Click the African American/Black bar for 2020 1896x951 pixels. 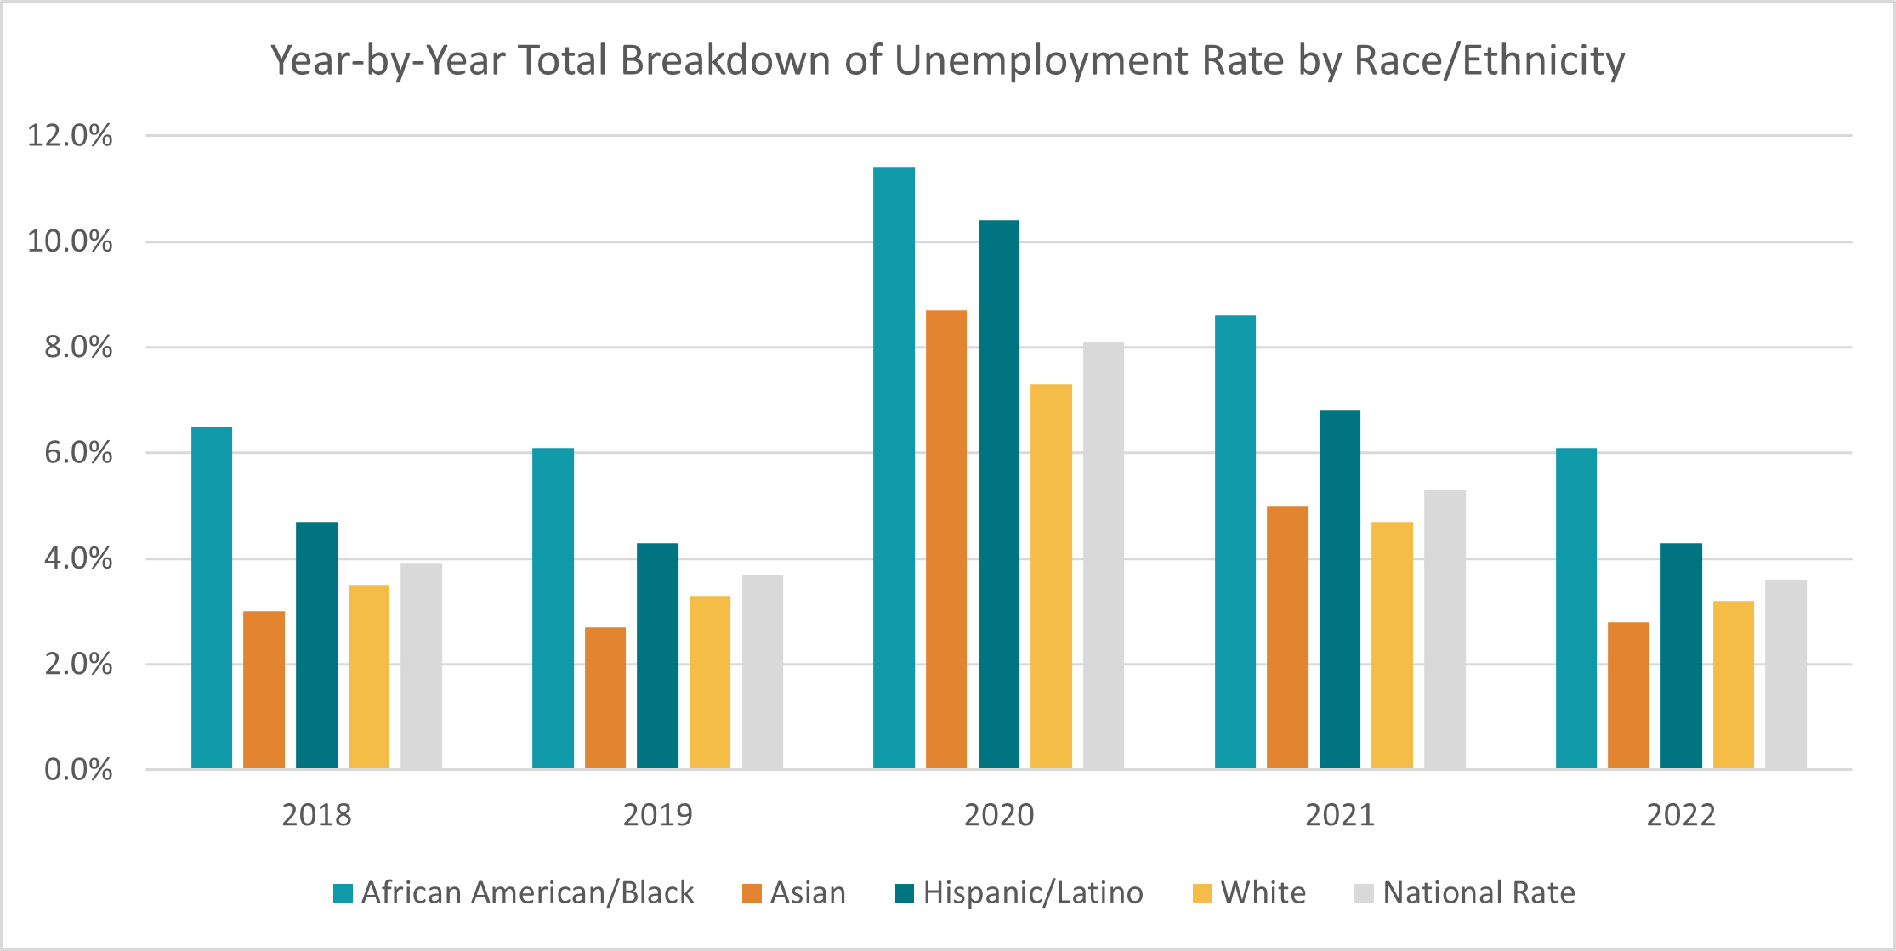coord(894,467)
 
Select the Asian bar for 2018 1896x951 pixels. coord(264,690)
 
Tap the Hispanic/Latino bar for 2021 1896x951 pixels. coord(1339,590)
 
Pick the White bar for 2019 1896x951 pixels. coord(710,682)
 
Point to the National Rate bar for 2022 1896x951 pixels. coord(1785,675)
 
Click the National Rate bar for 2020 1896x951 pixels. coord(1103,556)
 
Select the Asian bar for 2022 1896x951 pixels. coord(1628,695)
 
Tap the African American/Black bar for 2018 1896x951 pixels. coord(212,597)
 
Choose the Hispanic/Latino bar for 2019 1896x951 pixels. coord(657,656)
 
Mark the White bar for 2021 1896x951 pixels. coord(1392,645)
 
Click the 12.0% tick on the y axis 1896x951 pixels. coord(70,136)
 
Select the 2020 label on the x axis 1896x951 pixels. coord(998,815)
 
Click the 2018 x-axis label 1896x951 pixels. coord(316,815)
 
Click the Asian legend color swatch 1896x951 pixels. coord(752,893)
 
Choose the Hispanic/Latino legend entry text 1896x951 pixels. coord(1033,892)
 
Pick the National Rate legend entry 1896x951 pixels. coord(1479,892)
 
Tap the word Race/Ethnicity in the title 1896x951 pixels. coord(1489,61)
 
